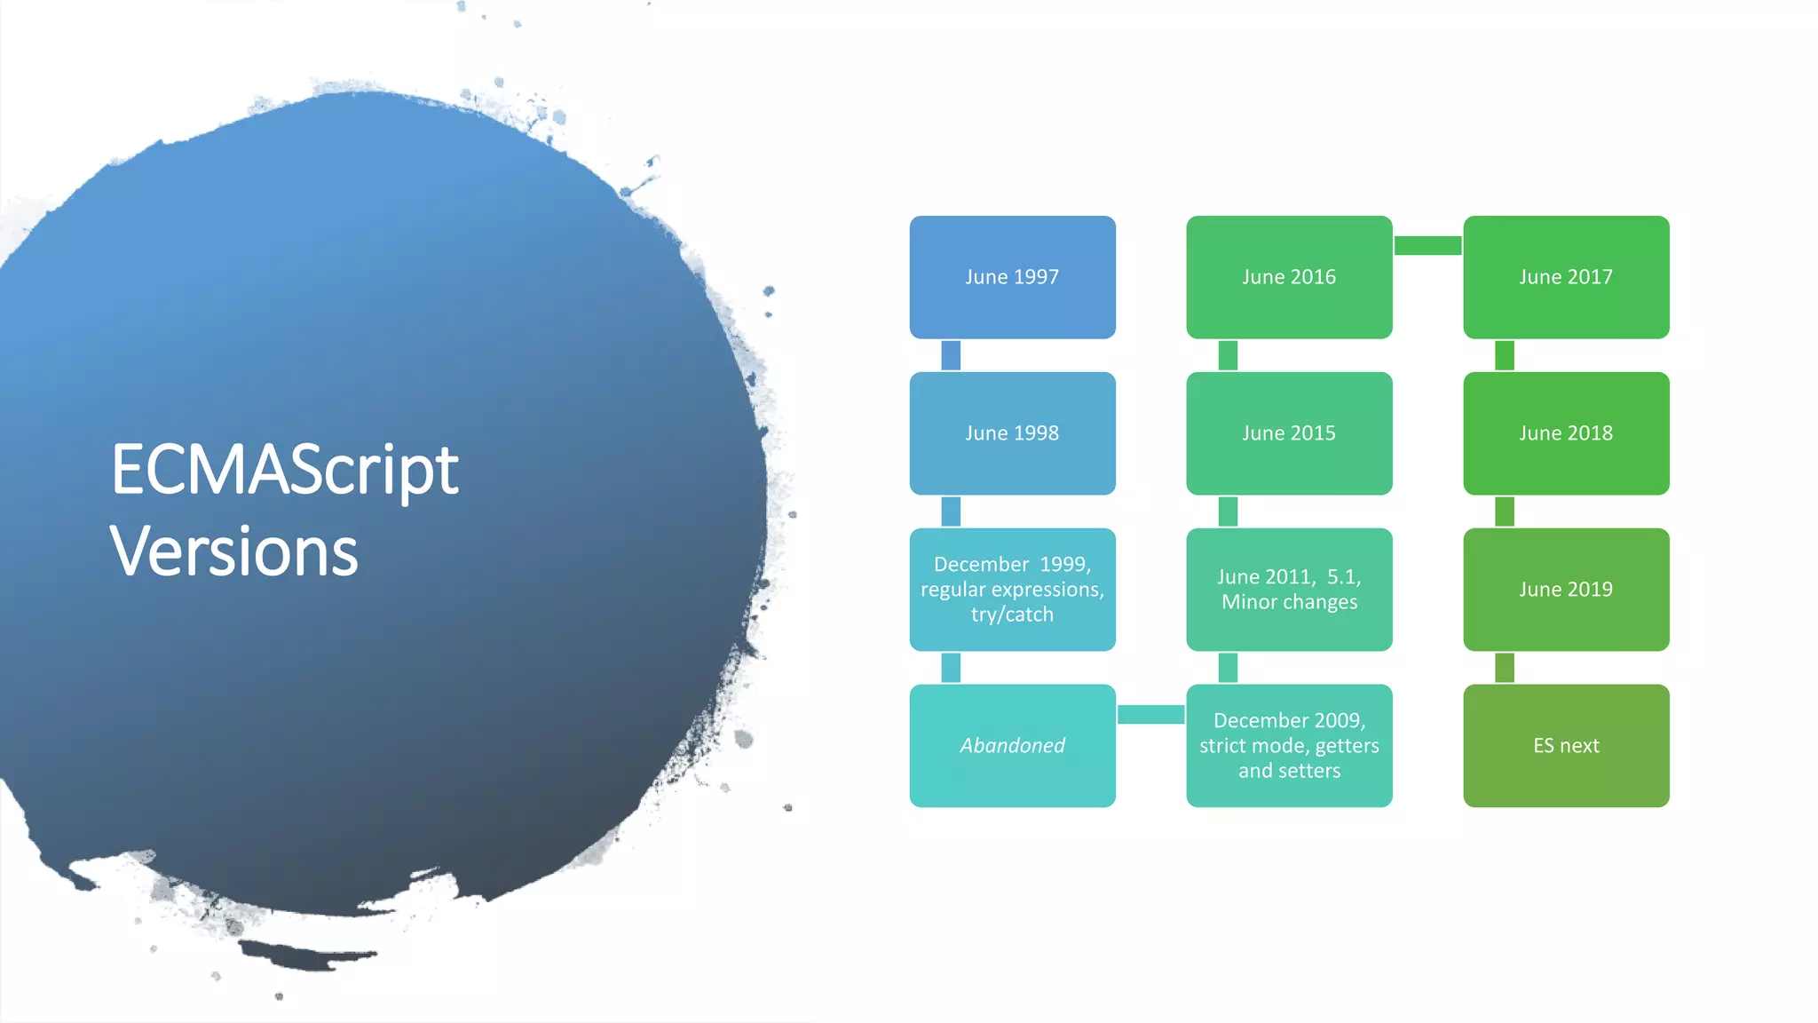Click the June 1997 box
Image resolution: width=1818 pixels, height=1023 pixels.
coord(1012,277)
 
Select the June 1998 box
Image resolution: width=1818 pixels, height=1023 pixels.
coord(1012,433)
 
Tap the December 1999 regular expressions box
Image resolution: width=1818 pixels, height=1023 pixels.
coord(1012,590)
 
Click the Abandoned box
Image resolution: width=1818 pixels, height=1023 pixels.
coord(1012,746)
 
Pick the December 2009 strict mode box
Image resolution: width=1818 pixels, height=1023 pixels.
coord(1289,746)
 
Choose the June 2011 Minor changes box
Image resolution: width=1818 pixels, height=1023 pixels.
coord(1289,590)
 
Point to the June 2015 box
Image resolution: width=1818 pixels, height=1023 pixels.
coord(1289,433)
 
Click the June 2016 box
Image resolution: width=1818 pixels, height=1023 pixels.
coord(1289,277)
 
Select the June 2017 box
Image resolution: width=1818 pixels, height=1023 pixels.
coord(1566,277)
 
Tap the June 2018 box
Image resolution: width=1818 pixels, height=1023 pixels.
coord(1566,433)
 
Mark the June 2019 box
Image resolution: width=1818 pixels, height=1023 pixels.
coord(1566,590)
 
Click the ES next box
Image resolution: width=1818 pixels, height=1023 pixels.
coord(1566,746)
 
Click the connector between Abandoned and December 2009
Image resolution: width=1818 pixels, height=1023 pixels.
coord(1150,715)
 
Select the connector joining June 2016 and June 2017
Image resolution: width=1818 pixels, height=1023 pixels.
coord(1427,246)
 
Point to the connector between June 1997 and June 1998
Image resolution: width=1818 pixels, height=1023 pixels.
coord(951,355)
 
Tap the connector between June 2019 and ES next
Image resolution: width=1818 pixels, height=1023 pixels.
coord(1505,668)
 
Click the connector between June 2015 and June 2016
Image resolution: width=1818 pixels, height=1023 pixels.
coord(1228,355)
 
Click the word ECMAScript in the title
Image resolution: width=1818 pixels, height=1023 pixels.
coord(284,471)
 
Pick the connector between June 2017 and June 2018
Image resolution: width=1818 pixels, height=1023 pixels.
coord(1505,355)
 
